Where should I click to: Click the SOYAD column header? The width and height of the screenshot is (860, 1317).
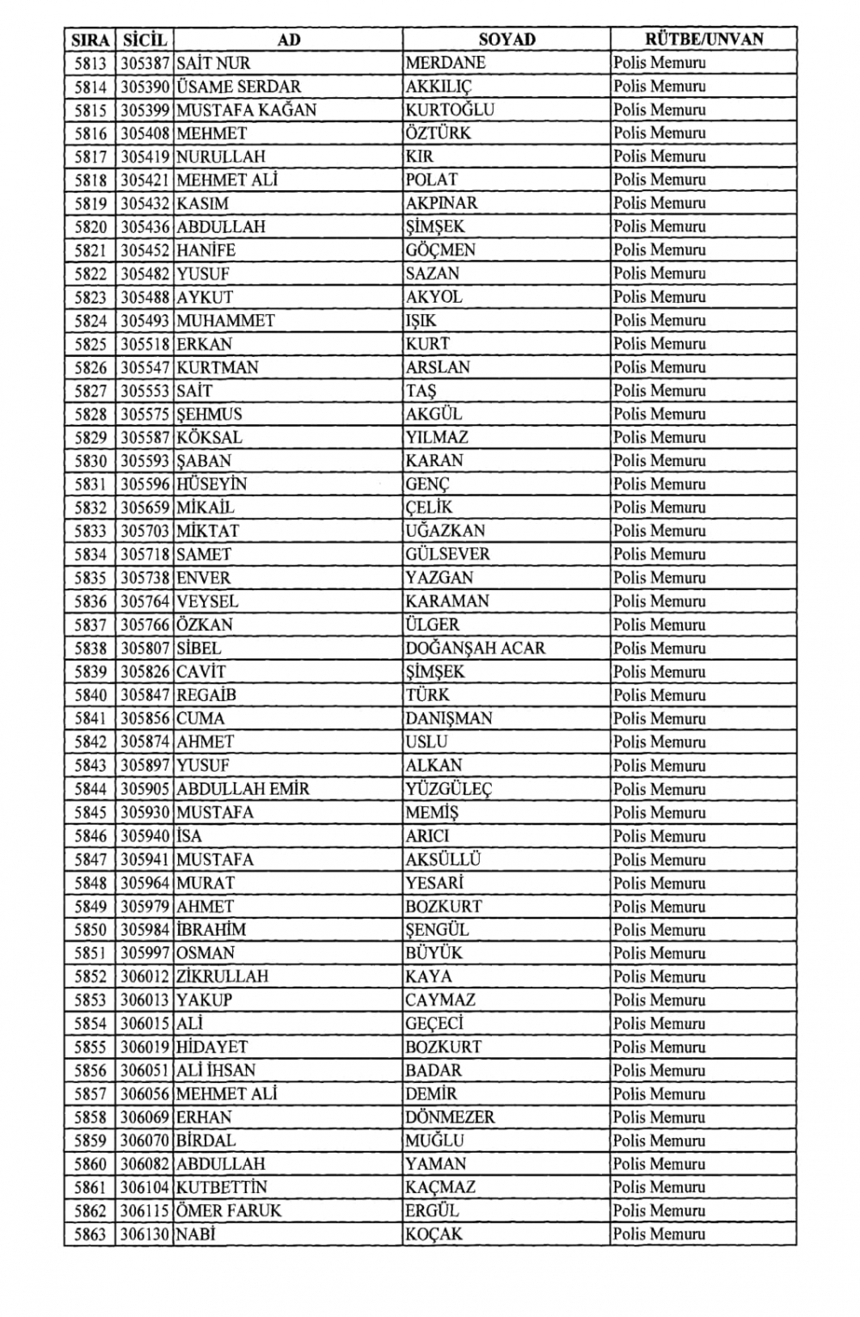(x=507, y=40)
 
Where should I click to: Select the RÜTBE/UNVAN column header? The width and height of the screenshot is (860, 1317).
(x=703, y=39)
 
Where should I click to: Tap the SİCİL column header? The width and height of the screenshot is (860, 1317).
(x=144, y=40)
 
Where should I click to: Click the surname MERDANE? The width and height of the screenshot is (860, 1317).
(x=445, y=63)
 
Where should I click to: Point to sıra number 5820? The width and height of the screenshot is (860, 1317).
(x=90, y=227)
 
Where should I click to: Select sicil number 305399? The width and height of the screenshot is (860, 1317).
(x=144, y=110)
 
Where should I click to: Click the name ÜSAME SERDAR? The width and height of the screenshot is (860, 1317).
(x=239, y=87)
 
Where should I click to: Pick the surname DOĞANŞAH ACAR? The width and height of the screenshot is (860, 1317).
(x=476, y=649)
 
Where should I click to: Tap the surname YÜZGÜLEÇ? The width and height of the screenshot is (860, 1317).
(x=449, y=789)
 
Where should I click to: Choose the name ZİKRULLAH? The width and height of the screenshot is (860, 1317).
(x=223, y=976)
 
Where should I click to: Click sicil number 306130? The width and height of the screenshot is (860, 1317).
(x=144, y=1234)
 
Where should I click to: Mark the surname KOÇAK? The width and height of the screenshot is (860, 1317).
(x=434, y=1234)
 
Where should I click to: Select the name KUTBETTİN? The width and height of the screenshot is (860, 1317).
(x=222, y=1187)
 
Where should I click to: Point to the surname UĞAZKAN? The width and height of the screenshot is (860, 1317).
(x=445, y=531)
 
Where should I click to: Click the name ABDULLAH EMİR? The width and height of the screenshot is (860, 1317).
(x=243, y=789)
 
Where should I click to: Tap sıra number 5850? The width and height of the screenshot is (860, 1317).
(x=90, y=930)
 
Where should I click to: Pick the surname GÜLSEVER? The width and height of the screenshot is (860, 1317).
(x=448, y=555)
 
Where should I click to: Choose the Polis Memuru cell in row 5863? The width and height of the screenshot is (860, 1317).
(x=660, y=1234)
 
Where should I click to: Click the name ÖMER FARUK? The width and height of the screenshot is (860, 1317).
(x=229, y=1210)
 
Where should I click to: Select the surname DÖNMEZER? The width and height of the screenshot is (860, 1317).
(x=451, y=1117)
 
